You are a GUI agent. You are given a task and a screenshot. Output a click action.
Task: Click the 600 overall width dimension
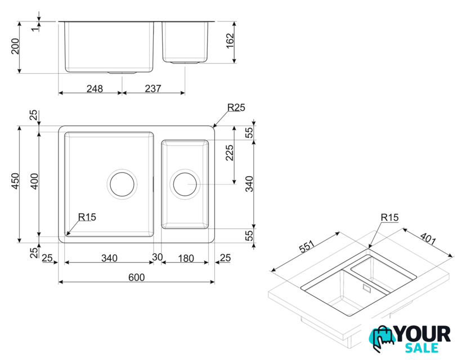click(x=136, y=277)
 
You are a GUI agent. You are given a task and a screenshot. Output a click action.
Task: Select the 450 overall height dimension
click(x=15, y=181)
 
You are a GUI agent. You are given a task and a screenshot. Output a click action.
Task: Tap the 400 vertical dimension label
click(x=34, y=181)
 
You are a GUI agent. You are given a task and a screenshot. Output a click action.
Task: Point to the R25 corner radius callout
click(x=236, y=107)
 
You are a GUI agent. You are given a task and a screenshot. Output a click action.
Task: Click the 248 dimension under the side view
click(x=95, y=88)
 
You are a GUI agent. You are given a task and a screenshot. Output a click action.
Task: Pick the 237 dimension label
click(x=153, y=88)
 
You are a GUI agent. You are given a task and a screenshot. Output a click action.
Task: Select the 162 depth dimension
click(x=230, y=41)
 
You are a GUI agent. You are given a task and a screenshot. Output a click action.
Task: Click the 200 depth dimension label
click(x=15, y=46)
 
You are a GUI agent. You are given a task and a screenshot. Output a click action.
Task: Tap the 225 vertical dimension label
click(x=230, y=152)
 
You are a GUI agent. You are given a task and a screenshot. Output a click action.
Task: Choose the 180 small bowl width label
click(x=186, y=258)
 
